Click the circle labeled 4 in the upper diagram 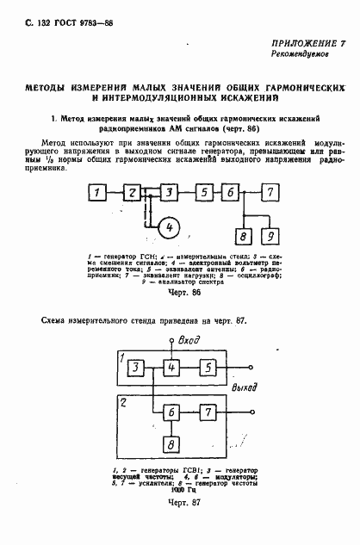click(x=170, y=227)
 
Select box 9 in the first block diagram click(x=270, y=235)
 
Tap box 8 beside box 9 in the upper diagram click(x=244, y=235)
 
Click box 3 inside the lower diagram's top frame click(x=136, y=368)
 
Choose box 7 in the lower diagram click(x=208, y=412)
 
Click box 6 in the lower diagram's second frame click(x=173, y=412)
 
